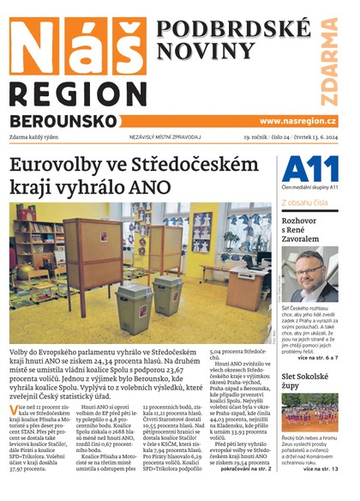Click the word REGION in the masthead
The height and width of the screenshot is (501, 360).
point(72,92)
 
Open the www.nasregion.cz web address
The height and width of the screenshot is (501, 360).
point(297,121)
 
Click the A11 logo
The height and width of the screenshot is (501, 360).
point(309,168)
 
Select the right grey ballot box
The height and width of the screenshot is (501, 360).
point(167,296)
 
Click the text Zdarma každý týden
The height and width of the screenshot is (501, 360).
point(45,137)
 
